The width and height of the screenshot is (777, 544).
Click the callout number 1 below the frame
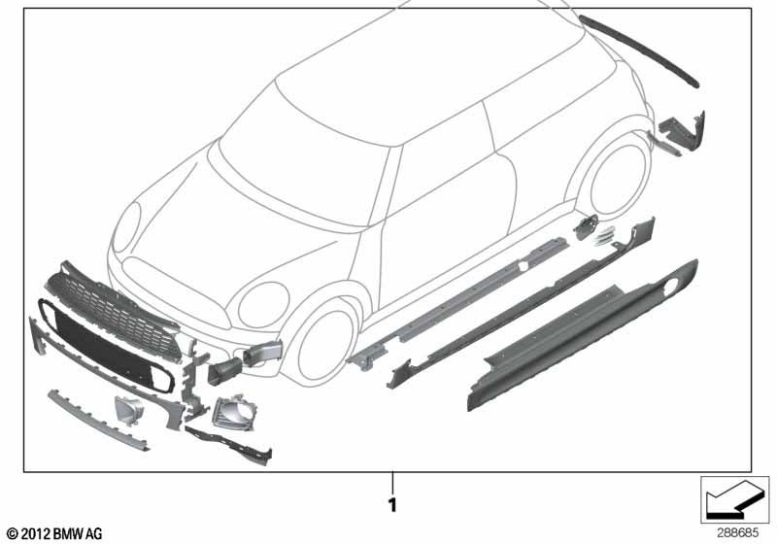392,505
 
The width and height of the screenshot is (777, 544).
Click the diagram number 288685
737,533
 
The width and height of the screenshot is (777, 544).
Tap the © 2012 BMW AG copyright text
54,533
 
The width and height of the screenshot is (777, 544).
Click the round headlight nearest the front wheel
263,305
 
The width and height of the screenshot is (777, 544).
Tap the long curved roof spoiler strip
638,50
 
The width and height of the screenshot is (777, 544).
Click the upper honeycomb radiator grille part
113,311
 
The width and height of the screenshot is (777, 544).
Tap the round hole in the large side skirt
670,288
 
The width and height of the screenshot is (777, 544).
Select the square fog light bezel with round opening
236,411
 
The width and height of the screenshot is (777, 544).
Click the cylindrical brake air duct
225,371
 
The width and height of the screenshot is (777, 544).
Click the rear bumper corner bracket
683,131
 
